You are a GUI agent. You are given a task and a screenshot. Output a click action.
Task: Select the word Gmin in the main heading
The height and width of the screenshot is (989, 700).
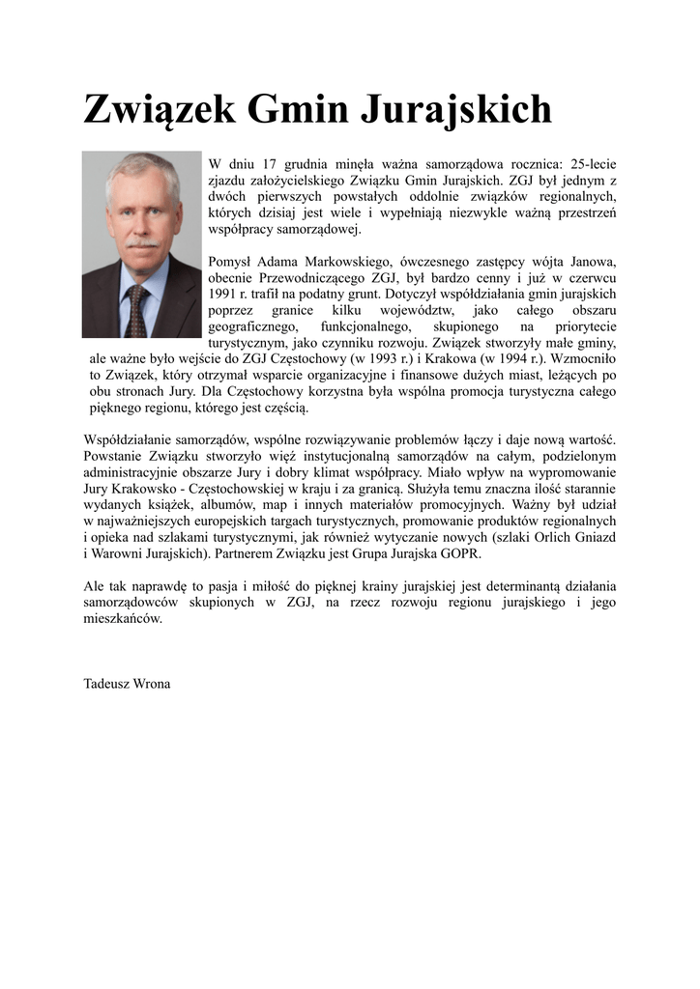(x=298, y=109)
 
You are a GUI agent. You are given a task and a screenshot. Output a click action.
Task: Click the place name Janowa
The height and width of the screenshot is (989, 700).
(x=589, y=261)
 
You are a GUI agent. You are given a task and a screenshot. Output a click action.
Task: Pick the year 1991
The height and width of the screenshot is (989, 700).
(x=223, y=293)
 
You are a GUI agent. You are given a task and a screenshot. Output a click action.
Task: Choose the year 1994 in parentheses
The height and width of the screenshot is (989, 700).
(x=509, y=358)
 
